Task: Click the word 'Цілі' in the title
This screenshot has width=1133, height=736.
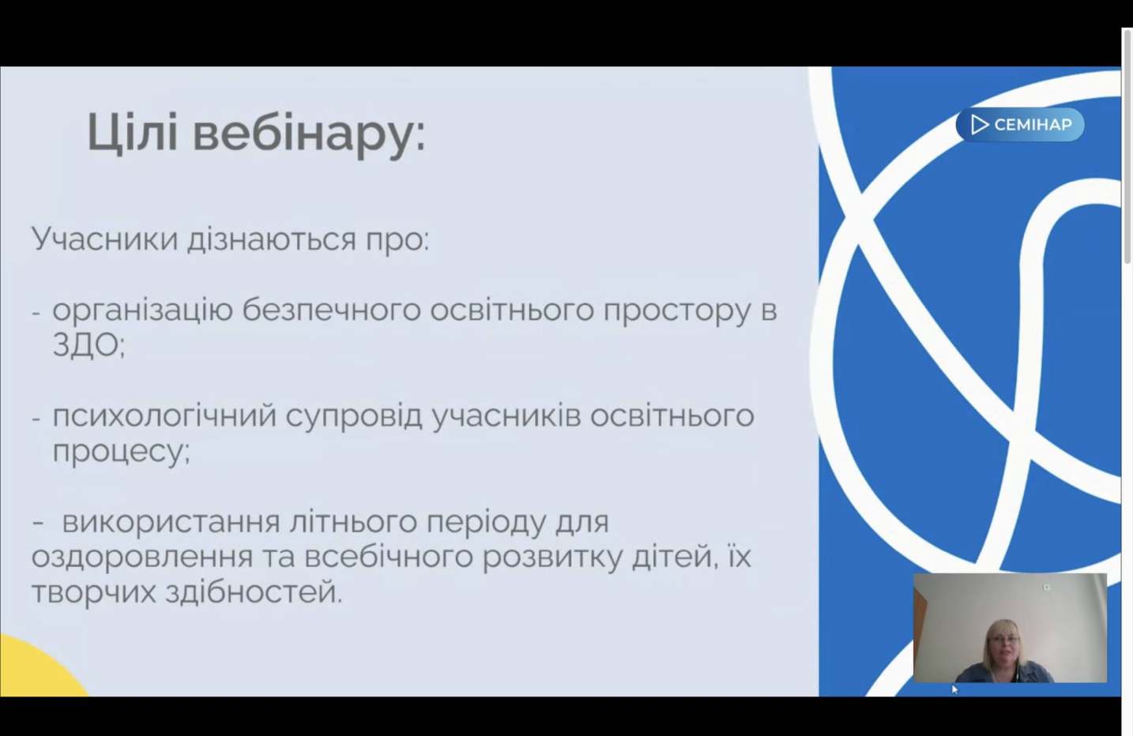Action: pos(133,133)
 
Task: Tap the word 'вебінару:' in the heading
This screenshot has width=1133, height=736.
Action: pos(310,135)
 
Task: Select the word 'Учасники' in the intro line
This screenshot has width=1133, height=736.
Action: pos(105,238)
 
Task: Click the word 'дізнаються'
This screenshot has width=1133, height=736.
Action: pos(272,238)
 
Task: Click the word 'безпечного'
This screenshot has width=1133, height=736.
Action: pos(332,310)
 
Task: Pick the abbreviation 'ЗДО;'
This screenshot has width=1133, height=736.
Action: pos(88,346)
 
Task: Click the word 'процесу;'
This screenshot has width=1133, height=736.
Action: pos(122,452)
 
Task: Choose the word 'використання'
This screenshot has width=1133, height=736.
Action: pos(171,523)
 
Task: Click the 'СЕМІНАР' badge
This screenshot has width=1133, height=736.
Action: pos(1020,125)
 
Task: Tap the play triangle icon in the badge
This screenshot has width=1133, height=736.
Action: pos(979,125)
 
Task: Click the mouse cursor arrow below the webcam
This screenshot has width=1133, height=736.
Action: pos(954,689)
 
